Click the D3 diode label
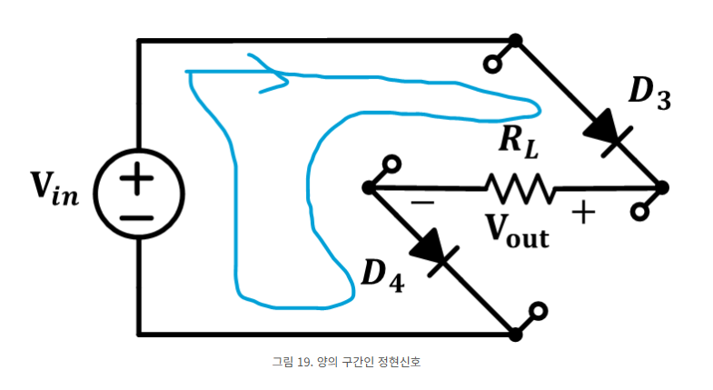tap(649, 94)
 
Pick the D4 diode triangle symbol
tap(438, 253)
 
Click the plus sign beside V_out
tap(582, 215)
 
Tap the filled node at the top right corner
tap(516, 41)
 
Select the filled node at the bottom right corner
tap(516, 334)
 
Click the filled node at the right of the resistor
tap(662, 187)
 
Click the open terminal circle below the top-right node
tap(492, 65)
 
